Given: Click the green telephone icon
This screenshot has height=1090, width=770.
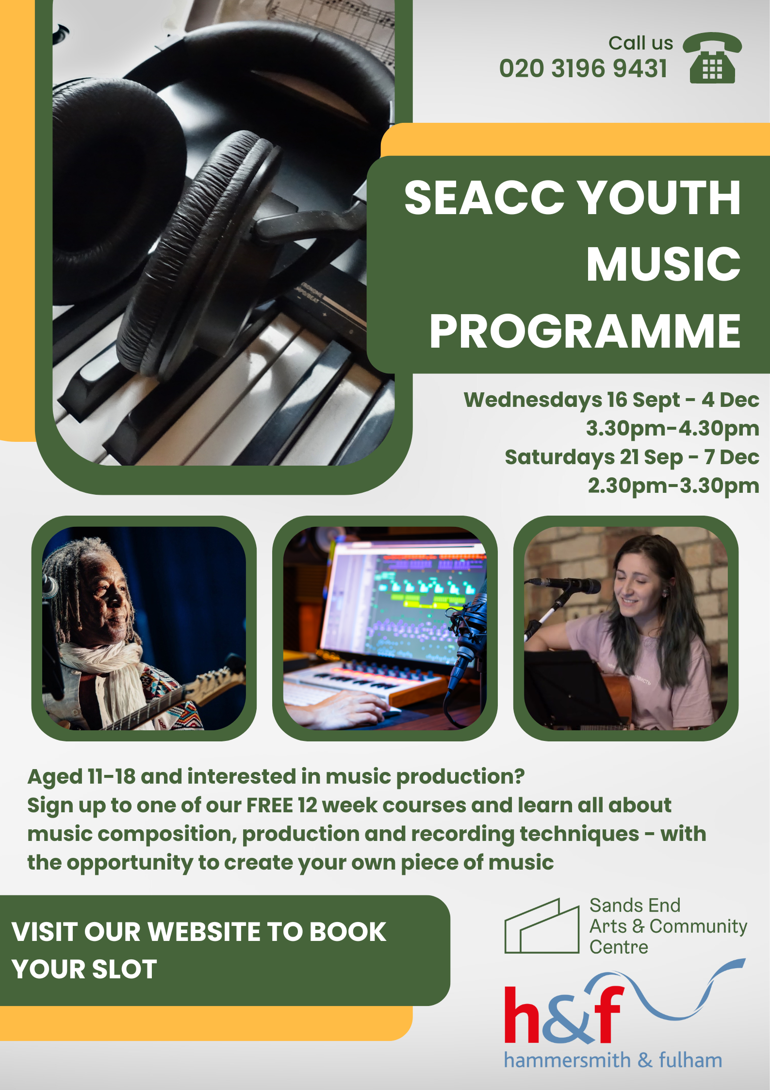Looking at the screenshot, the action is (712, 58).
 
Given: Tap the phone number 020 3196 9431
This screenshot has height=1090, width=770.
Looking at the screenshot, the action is (583, 68).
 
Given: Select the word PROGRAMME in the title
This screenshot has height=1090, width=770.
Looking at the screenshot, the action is (585, 332).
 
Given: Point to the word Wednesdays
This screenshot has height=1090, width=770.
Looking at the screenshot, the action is (533, 400).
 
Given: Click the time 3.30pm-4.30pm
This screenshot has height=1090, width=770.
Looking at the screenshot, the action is (672, 428).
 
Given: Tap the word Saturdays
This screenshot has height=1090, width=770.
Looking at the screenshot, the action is (560, 457).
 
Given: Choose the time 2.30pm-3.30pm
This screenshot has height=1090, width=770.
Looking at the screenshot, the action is (673, 486).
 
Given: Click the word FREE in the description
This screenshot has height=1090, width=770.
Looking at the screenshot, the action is (269, 805).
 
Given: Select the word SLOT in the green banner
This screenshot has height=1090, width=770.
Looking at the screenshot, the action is (124, 970).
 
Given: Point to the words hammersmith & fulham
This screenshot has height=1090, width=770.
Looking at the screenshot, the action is (613, 1060).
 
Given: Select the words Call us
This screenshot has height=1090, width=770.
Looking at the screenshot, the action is (640, 43).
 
